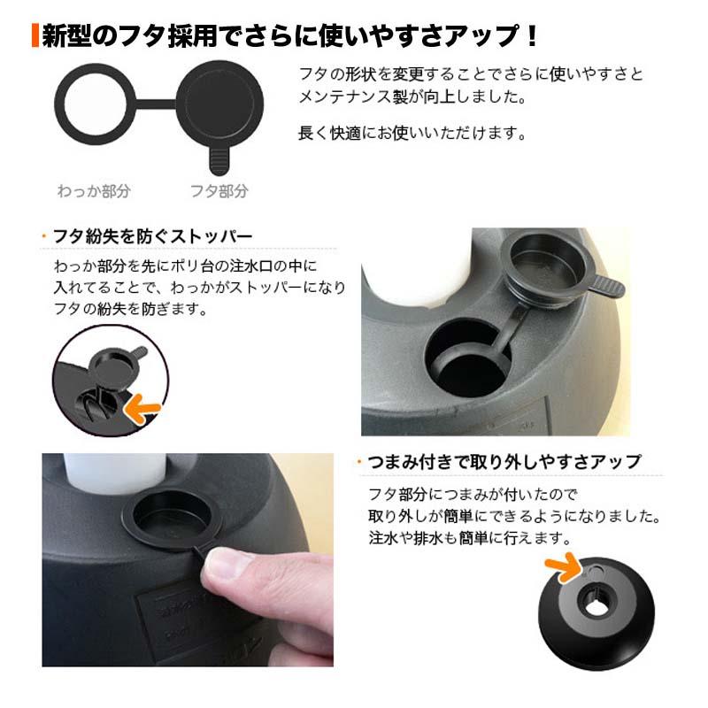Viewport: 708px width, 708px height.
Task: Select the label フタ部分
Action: pyautogui.click(x=219, y=191)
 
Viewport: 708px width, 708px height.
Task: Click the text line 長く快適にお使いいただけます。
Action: pyautogui.click(x=412, y=135)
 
